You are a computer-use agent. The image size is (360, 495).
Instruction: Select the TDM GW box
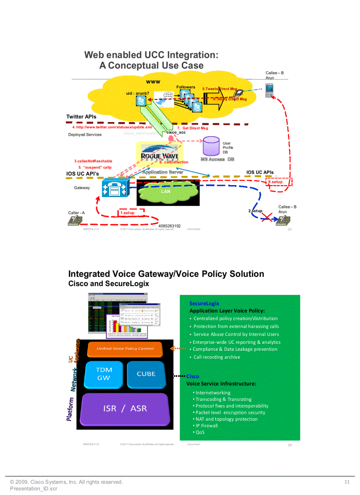tap(104, 374)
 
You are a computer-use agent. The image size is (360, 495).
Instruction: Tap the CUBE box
tap(146, 374)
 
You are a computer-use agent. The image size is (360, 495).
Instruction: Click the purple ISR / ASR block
tap(125, 408)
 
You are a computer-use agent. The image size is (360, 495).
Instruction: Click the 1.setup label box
tap(127, 213)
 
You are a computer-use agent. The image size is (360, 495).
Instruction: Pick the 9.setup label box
tap(275, 182)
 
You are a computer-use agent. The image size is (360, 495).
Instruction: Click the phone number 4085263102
tap(169, 226)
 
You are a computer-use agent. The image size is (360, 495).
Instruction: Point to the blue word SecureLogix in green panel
tap(204, 303)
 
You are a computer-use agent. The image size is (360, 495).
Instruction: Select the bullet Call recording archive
tap(217, 357)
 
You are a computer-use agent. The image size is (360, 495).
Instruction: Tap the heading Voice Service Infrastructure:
tap(221, 383)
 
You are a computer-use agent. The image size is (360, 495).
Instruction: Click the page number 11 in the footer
tap(347, 482)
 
